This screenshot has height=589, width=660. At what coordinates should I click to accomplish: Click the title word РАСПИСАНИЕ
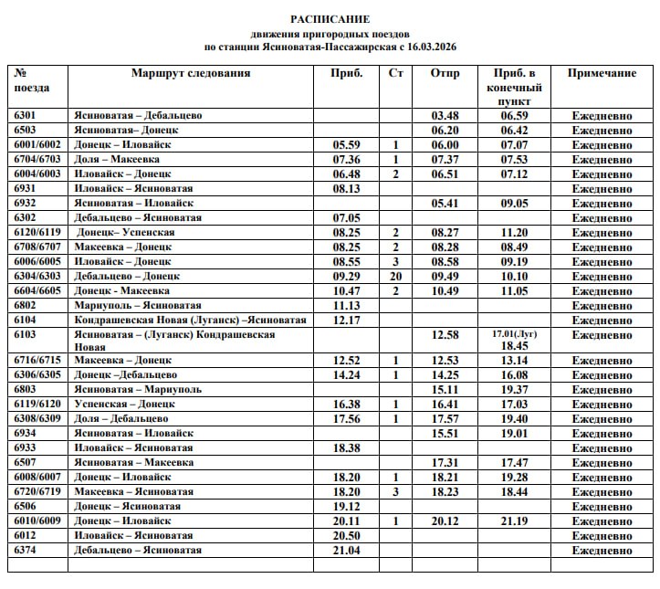pos(330,18)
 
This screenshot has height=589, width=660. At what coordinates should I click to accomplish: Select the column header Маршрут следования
pos(190,73)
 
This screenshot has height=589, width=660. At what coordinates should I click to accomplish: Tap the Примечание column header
pos(602,73)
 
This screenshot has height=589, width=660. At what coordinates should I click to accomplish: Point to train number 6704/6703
pos(37,160)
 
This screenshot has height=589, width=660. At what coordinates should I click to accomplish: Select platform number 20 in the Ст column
pos(395,277)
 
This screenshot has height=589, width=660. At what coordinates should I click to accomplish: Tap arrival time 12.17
pos(347,321)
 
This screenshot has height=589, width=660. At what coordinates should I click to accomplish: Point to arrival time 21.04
pos(347,551)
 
